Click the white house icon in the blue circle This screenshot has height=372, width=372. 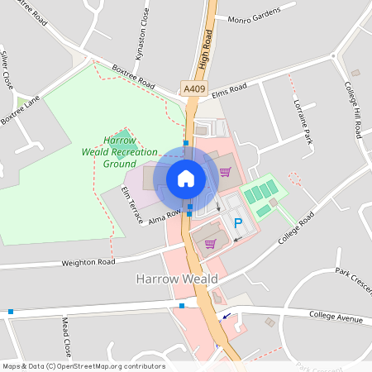point(186,179)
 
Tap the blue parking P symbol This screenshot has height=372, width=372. point(238,222)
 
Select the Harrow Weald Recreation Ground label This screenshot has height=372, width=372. point(119,152)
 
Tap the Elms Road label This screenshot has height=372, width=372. point(229,90)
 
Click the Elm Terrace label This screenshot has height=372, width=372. point(132,205)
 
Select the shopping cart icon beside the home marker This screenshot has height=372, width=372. point(225,172)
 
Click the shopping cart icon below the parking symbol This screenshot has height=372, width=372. point(210,244)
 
